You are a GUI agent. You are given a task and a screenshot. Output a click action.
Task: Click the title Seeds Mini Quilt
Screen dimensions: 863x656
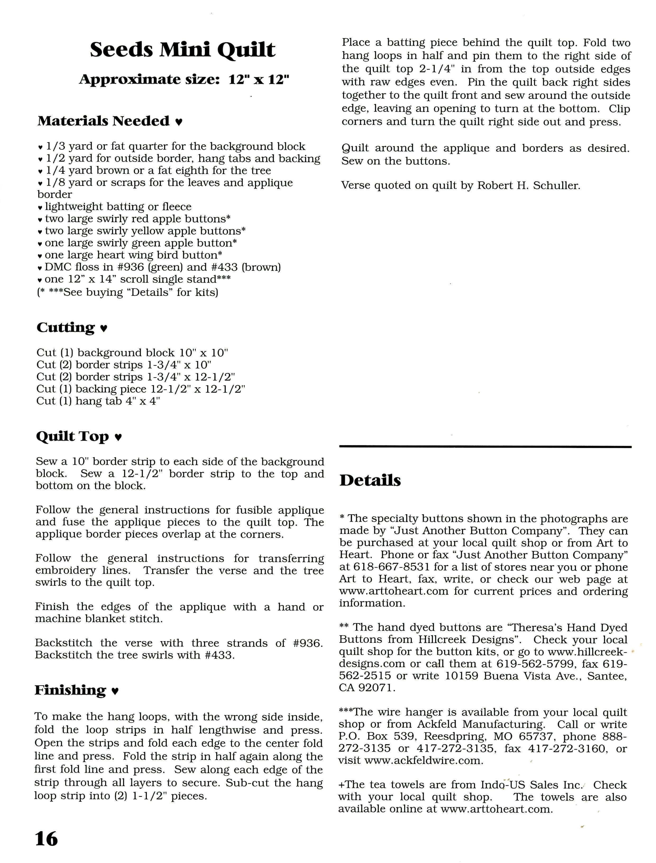[182, 50]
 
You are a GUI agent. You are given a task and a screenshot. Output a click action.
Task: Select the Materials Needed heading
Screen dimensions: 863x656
[103, 121]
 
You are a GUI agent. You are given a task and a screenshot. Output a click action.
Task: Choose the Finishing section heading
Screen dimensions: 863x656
[70, 690]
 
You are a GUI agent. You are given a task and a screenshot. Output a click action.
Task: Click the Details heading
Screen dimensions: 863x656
[370, 480]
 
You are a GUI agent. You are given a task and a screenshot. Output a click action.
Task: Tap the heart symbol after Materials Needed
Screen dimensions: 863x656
[178, 122]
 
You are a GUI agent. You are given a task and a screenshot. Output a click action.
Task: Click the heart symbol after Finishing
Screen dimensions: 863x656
[115, 691]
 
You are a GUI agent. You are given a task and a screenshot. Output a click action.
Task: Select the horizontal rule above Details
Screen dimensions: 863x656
[485, 446]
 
